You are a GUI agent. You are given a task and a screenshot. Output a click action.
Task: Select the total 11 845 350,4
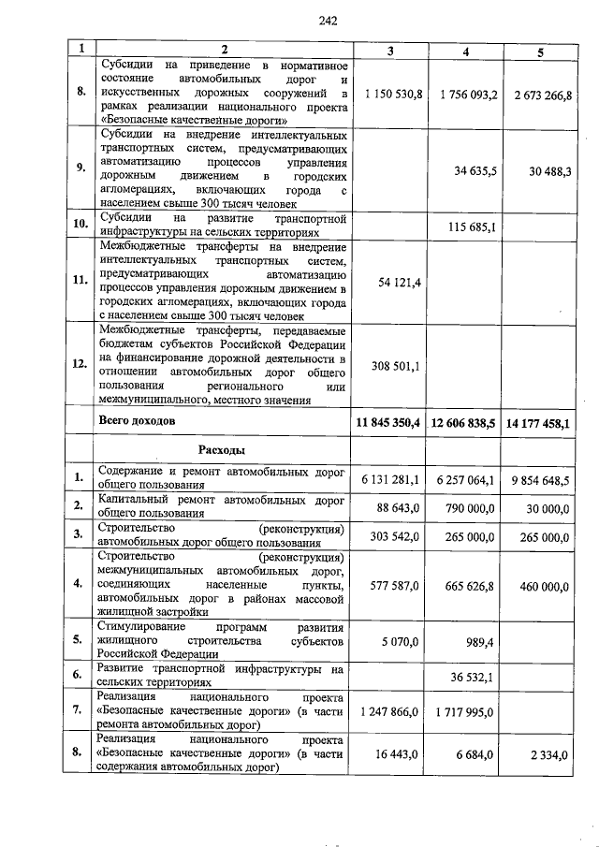(389, 422)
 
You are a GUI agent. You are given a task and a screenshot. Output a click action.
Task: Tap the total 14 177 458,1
(537, 423)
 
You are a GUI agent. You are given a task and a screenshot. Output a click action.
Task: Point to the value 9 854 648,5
(540, 480)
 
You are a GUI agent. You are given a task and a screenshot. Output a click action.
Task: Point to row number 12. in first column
(81, 364)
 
